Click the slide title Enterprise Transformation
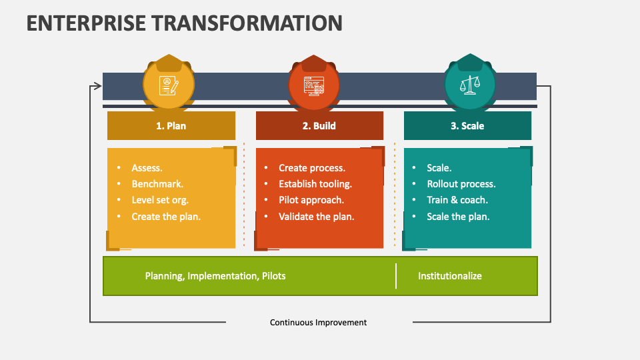[184, 22]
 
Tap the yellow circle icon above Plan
[169, 85]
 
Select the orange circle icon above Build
[313, 85]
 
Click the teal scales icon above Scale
[470, 85]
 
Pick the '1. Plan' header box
[171, 125]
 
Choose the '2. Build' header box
[319, 125]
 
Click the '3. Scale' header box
[467, 125]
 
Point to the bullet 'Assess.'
[147, 168]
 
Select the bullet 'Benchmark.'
[157, 184]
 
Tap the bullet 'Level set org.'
[160, 200]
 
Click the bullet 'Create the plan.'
[166, 216]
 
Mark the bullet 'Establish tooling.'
[315, 184]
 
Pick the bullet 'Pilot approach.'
[311, 200]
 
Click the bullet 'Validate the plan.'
[316, 216]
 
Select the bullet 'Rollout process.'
[461, 184]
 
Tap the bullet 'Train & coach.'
[457, 200]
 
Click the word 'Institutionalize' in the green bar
[449, 276]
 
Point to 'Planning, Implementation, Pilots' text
[215, 276]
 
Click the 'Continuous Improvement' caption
[318, 322]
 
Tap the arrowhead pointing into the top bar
[98, 85]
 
